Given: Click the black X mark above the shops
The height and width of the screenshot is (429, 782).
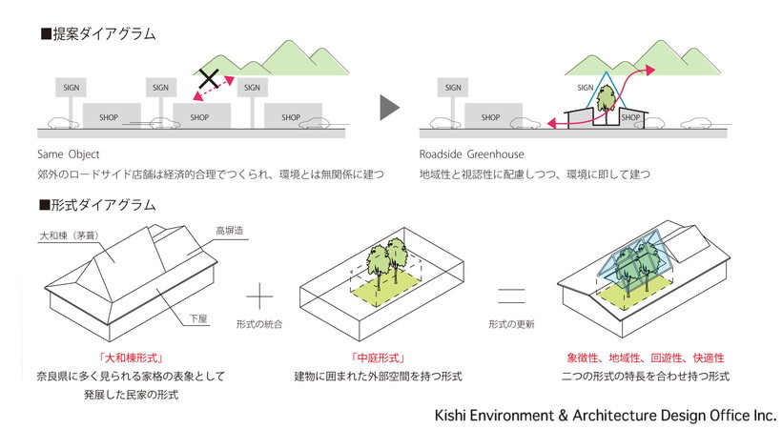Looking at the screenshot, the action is pyautogui.click(x=209, y=78).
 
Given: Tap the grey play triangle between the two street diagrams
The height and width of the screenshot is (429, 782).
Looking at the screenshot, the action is pyautogui.click(x=389, y=107).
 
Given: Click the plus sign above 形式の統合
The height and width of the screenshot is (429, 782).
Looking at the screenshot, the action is pyautogui.click(x=259, y=296).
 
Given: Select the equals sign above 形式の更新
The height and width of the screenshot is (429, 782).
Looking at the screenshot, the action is pyautogui.click(x=512, y=296).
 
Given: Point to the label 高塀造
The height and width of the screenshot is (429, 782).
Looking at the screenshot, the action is pyautogui.click(x=230, y=231).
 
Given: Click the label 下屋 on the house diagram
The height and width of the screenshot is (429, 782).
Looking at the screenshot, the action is pyautogui.click(x=198, y=318).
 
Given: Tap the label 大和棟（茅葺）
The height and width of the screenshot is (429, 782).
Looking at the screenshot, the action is pyautogui.click(x=69, y=235).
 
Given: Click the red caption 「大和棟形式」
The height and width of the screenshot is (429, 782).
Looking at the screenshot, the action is pyautogui.click(x=132, y=358).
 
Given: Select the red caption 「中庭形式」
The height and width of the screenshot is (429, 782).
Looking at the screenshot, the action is pyautogui.click(x=378, y=358).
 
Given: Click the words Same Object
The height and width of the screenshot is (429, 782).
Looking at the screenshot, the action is pyautogui.click(x=69, y=154).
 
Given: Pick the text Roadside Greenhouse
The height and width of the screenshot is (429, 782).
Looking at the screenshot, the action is pyautogui.click(x=471, y=154).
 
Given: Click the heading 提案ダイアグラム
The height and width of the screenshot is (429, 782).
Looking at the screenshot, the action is pyautogui.click(x=97, y=34).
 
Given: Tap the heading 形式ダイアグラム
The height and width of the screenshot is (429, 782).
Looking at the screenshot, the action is pyautogui.click(x=97, y=205).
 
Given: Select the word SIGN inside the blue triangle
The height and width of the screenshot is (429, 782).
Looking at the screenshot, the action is pyautogui.click(x=585, y=88).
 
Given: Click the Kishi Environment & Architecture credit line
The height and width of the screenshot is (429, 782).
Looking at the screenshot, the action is pyautogui.click(x=606, y=416).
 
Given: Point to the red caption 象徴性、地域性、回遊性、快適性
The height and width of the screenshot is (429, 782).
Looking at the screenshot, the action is pyautogui.click(x=646, y=358).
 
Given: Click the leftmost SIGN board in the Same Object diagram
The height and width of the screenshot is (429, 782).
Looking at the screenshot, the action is pyautogui.click(x=71, y=88).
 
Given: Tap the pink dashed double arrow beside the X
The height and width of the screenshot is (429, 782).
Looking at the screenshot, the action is pyautogui.click(x=214, y=89).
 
